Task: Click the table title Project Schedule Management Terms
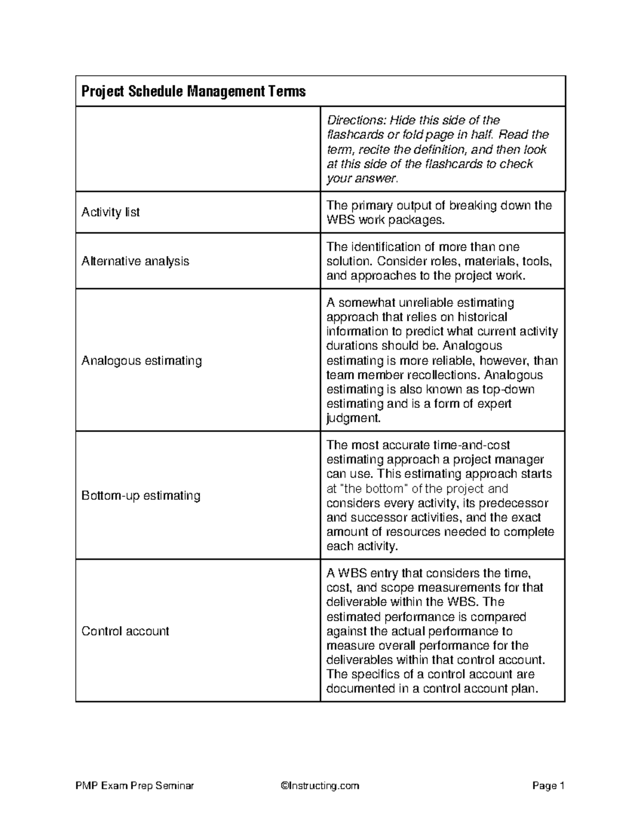[193, 92]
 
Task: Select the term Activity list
[111, 212]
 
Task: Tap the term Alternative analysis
[135, 262]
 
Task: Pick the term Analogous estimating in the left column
[142, 361]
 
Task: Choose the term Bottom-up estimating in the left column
[141, 496]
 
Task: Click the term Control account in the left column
[125, 631]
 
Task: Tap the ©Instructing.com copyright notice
[319, 786]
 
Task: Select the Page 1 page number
[548, 786]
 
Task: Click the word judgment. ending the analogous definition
[354, 419]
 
